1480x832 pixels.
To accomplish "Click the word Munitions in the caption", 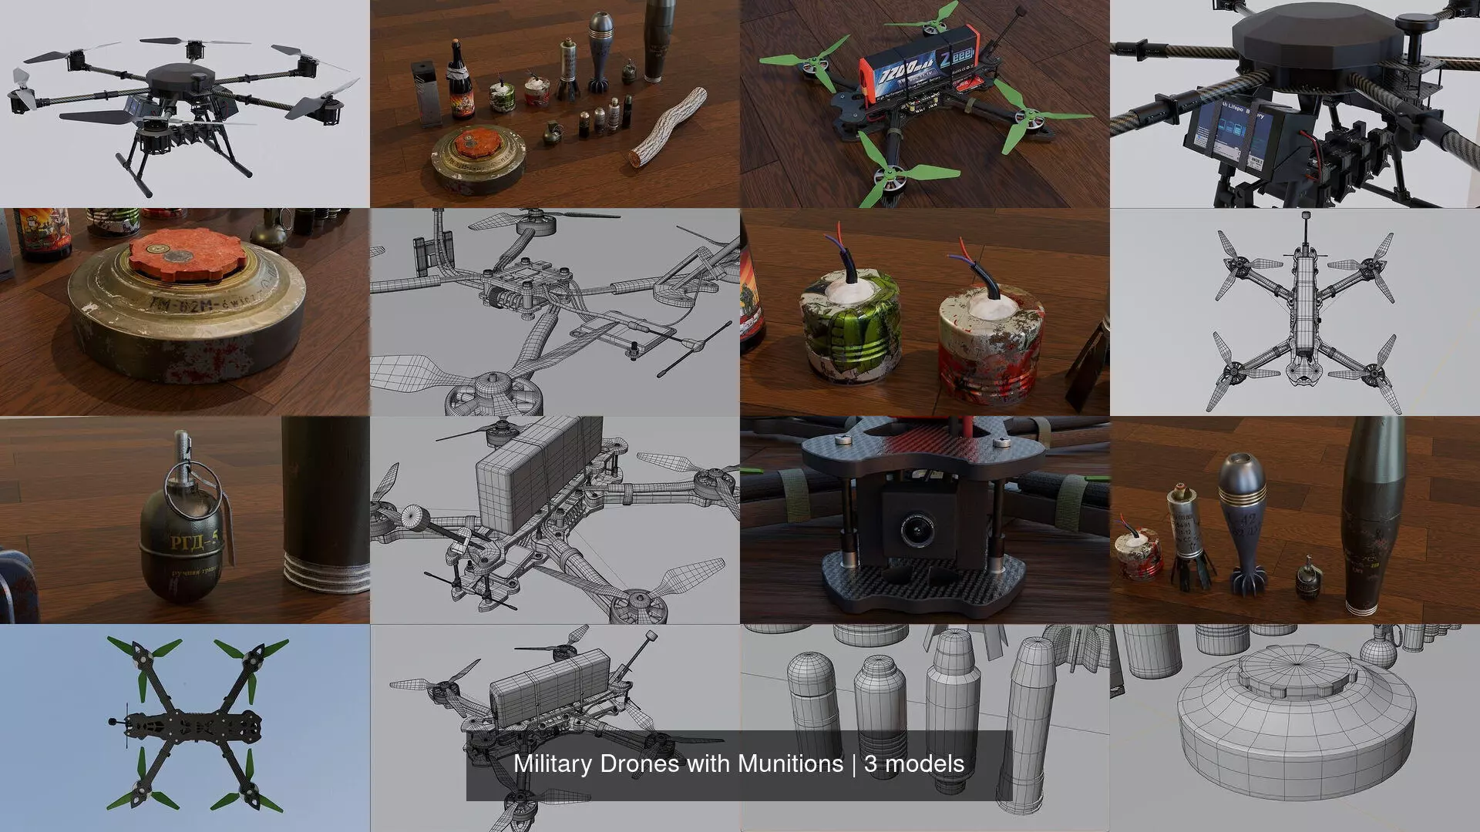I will (x=790, y=763).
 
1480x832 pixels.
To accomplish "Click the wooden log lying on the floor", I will (x=668, y=126).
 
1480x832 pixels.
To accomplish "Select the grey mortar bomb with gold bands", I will (x=1240, y=524).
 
